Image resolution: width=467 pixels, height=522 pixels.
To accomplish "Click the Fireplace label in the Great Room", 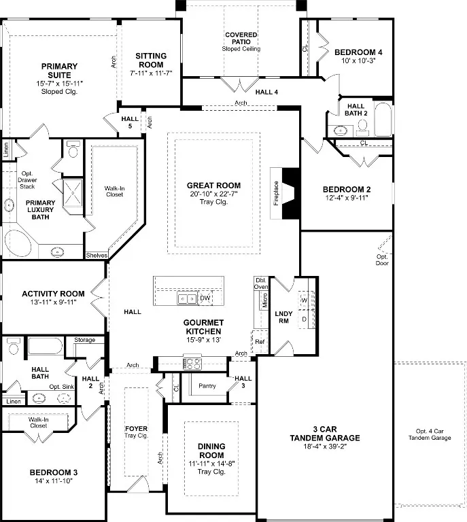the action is (276, 193).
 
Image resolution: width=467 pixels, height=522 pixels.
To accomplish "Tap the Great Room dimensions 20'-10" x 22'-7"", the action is (213, 194).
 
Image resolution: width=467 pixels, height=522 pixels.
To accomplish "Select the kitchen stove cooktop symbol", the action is (192, 363).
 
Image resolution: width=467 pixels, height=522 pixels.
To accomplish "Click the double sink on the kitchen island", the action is (187, 298).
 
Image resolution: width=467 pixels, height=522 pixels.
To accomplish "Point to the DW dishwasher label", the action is (205, 298).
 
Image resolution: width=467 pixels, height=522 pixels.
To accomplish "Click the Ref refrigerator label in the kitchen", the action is (260, 342).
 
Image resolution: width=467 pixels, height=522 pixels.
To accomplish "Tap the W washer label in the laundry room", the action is (304, 300).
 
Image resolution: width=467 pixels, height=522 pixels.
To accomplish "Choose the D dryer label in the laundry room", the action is (304, 319).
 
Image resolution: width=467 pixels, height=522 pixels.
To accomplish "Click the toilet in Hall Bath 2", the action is (362, 128).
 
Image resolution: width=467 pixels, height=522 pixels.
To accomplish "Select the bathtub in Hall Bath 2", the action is (383, 119).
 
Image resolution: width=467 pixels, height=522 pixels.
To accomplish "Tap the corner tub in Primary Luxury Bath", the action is (16, 243).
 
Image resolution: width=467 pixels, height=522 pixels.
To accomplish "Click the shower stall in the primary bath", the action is (73, 193).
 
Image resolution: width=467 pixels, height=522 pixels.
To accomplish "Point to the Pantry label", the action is (207, 386).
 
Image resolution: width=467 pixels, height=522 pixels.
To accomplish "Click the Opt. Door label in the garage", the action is (382, 260).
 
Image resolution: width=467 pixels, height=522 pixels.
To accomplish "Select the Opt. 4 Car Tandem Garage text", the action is (430, 434).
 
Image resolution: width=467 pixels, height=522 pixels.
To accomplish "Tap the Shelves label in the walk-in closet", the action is (97, 256).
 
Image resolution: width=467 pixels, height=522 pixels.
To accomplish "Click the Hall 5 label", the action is (130, 122).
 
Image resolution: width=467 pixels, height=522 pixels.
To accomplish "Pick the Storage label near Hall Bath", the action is (84, 340).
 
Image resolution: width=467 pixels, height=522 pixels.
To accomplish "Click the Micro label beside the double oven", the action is (264, 300).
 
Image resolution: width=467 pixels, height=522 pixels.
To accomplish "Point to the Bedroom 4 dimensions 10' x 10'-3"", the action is (358, 60).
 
